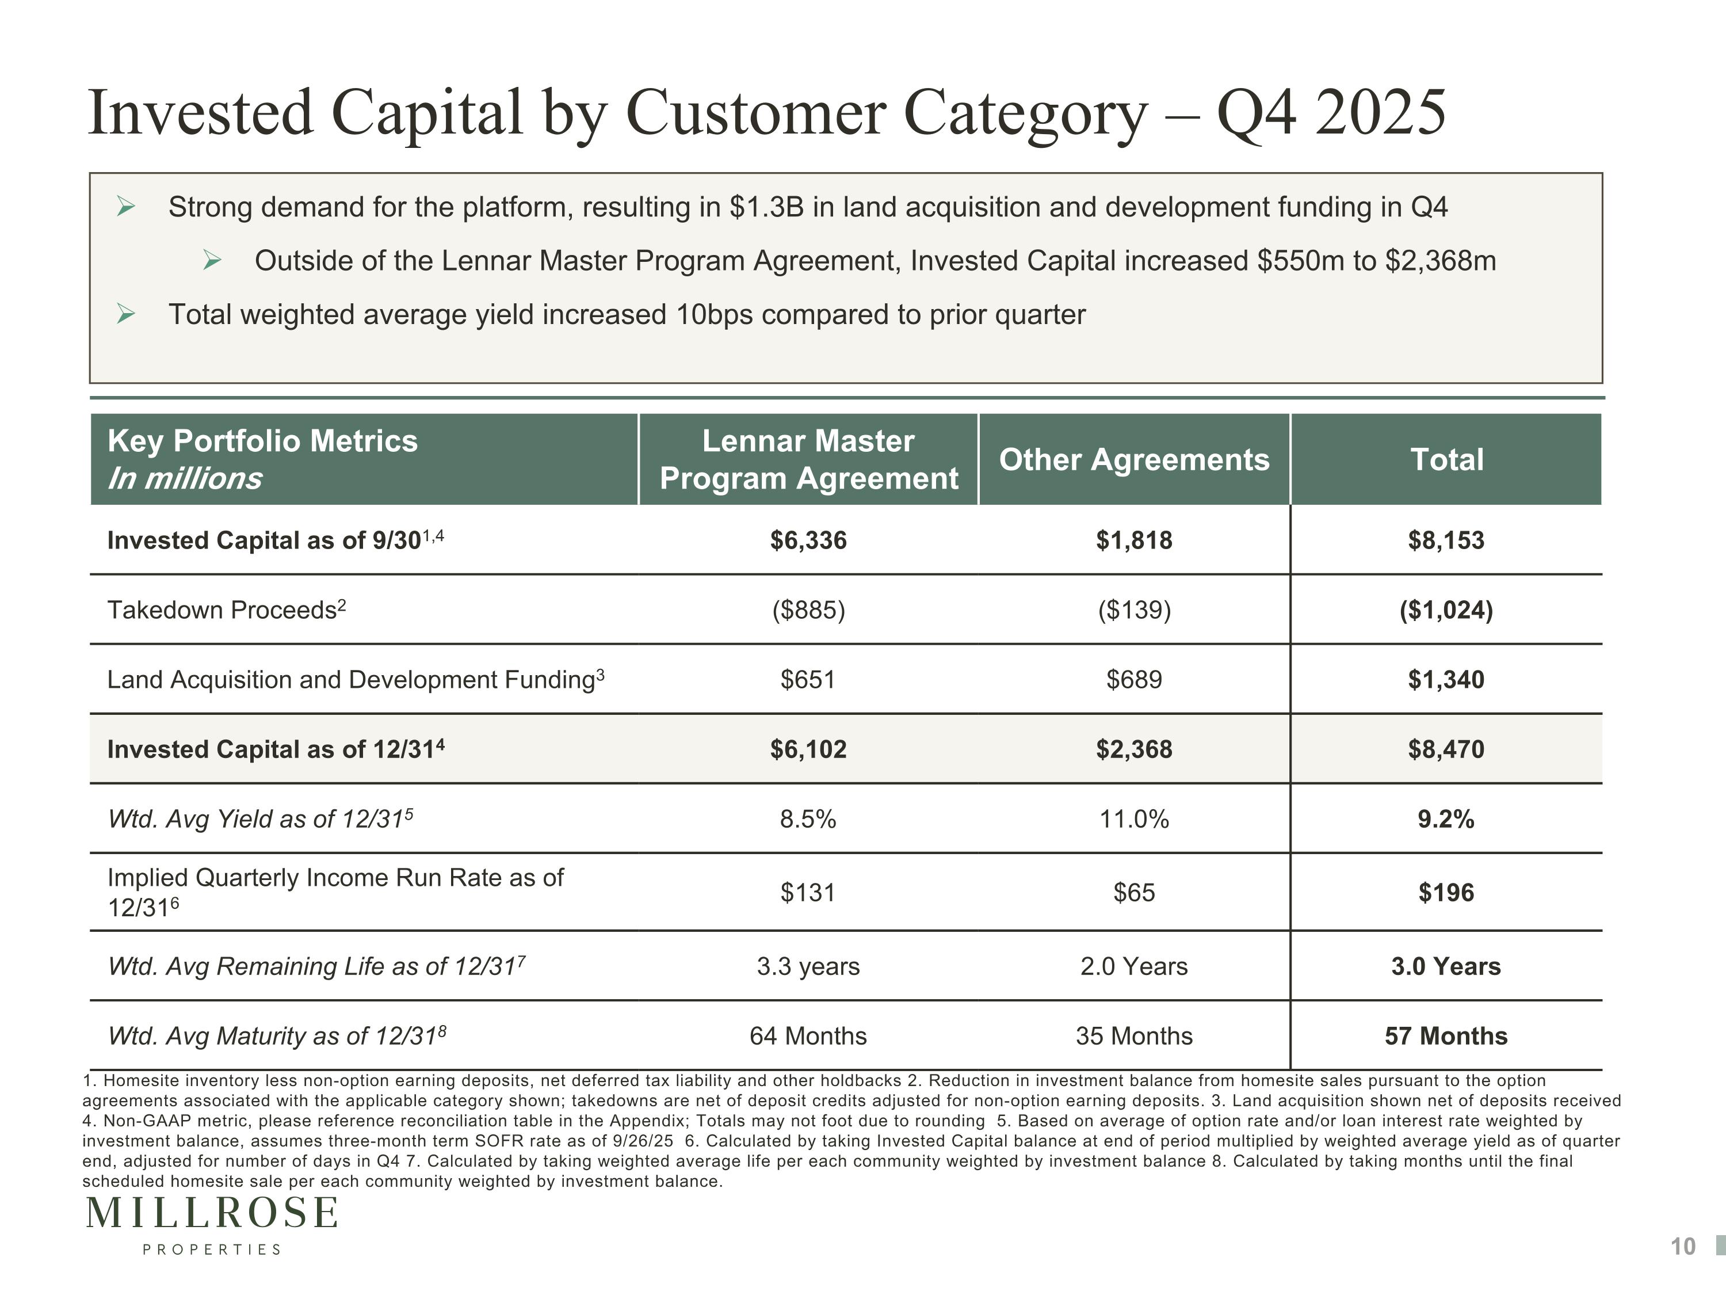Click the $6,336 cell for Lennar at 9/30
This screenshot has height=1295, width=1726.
pos(808,540)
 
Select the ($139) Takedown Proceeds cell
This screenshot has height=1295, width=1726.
pos(1134,610)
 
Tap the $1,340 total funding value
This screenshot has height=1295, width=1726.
pos(1446,679)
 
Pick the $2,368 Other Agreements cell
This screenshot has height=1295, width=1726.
pos(1134,749)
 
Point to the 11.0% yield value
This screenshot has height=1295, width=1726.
pos(1134,819)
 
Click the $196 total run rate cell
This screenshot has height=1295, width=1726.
pos(1446,892)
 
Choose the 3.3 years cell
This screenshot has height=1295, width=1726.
pos(808,966)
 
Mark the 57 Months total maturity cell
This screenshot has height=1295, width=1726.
pos(1446,1036)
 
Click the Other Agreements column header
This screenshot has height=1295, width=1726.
pos(1134,460)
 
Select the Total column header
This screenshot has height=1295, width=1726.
pos(1446,460)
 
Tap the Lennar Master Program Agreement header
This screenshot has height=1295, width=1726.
pos(808,460)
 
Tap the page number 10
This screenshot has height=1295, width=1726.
pos(1683,1247)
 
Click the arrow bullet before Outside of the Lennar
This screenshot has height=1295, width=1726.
pos(212,261)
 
